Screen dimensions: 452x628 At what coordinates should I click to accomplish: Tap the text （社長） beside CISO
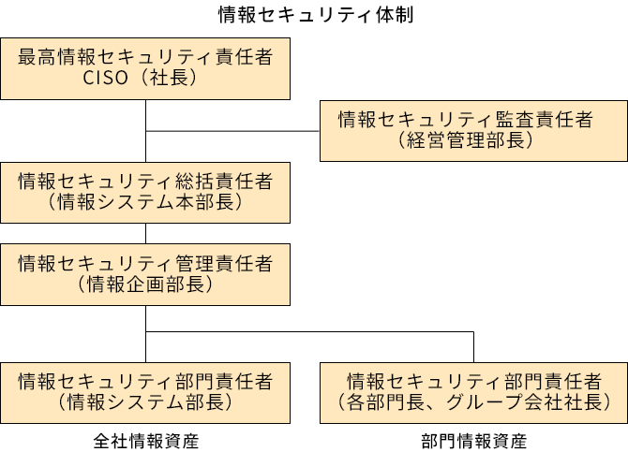(x=168, y=78)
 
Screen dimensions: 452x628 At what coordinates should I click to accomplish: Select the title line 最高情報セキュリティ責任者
(x=145, y=57)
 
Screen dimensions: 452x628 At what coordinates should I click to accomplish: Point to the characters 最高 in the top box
(x=37, y=57)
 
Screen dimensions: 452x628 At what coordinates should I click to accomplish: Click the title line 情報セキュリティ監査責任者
(x=465, y=120)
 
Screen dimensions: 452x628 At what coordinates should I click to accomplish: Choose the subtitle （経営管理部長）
(x=465, y=141)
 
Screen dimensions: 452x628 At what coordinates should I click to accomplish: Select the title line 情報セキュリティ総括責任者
(x=145, y=182)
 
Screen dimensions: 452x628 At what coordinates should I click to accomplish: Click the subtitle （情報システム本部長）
(x=145, y=203)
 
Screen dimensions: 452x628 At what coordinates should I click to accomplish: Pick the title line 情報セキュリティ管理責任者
(x=145, y=264)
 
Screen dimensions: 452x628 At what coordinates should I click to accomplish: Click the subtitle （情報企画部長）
(x=145, y=284)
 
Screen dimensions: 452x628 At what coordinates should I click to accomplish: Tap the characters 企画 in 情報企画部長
(x=145, y=284)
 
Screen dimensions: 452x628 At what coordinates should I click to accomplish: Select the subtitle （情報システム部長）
(x=145, y=402)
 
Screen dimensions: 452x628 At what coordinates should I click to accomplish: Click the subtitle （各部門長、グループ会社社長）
(x=473, y=402)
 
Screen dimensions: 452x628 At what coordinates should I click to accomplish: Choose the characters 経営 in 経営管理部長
(x=422, y=141)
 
